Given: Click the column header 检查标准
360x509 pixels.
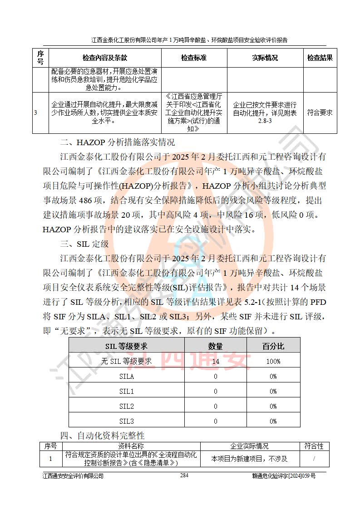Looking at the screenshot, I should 193,58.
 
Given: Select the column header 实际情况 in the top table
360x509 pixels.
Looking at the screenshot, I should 265,58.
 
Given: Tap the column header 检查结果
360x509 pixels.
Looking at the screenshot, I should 320,58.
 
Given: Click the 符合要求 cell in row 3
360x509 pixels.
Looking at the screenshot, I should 320,113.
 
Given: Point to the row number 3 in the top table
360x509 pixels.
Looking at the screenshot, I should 35,113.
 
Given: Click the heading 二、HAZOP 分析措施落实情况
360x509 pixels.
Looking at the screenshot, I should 117,143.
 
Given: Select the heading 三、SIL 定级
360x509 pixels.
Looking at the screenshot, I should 84,244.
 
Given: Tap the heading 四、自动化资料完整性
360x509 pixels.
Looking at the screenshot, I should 102,436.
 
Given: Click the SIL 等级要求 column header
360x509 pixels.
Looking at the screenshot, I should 126,346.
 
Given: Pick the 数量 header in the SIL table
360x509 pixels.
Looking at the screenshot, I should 215,346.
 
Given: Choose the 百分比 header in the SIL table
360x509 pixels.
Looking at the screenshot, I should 273,346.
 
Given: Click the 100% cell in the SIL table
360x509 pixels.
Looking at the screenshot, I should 273,362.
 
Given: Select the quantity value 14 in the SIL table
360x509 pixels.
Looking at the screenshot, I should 215,362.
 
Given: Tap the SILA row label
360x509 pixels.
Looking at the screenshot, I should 126,377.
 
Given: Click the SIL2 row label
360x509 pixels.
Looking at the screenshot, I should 126,406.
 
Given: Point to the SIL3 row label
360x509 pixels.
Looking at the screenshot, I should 126,421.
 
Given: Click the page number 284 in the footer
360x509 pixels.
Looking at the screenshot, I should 184,475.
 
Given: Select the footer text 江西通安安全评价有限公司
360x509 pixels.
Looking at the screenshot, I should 73,476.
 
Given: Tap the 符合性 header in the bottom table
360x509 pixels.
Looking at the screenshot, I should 314,446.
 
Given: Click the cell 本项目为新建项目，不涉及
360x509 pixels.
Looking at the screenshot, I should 249,459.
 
